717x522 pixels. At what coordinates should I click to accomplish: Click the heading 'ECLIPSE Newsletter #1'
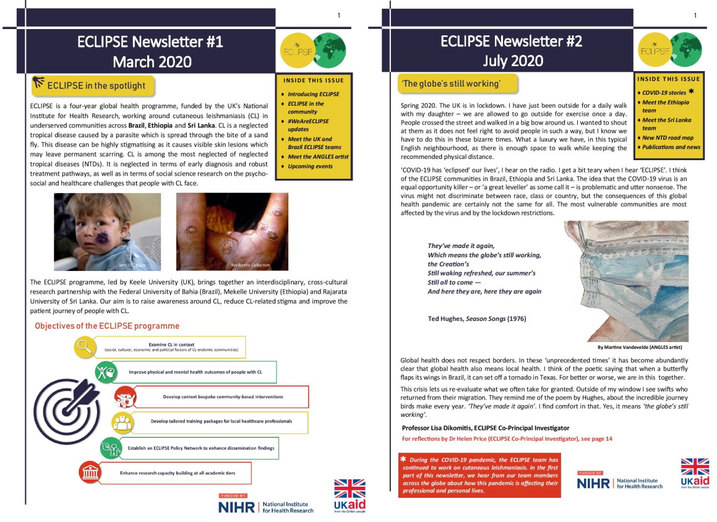pyautogui.click(x=150, y=42)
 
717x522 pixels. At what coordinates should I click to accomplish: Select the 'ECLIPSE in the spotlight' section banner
pyautogui.click(x=93, y=85)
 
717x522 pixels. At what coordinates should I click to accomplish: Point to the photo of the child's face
pyautogui.click(x=107, y=231)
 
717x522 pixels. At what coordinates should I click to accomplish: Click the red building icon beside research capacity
pyautogui.click(x=89, y=473)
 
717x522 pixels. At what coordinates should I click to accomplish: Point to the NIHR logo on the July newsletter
pyautogui.click(x=619, y=482)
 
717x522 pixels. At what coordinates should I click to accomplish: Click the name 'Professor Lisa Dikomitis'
pyautogui.click(x=441, y=428)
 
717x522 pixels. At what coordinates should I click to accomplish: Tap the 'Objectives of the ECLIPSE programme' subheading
pyautogui.click(x=107, y=325)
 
